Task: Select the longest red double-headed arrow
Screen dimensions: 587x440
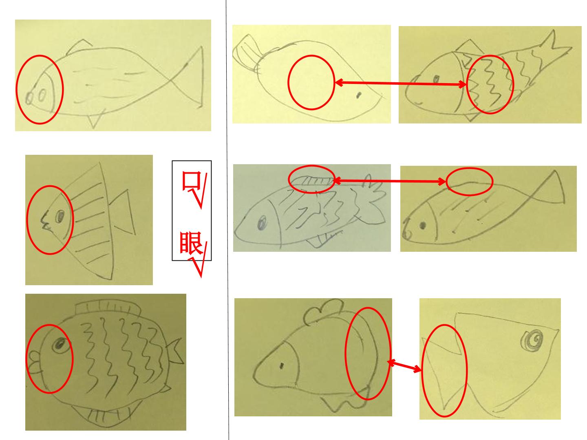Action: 400,84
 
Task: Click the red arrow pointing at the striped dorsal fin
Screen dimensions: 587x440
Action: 389,181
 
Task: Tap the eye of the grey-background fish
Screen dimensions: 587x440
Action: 263,222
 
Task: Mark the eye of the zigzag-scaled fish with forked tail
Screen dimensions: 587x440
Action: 436,79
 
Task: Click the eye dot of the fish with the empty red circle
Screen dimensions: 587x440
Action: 359,95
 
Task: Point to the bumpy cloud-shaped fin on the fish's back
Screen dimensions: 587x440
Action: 324,312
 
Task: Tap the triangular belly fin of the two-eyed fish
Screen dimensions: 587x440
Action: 95,120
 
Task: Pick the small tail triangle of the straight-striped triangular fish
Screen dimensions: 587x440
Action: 122,212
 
